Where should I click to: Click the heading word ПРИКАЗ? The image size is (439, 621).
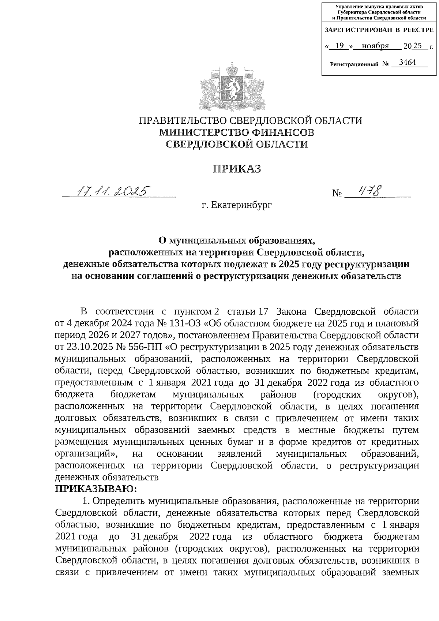click(x=237, y=169)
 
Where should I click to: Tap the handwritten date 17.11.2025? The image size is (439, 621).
click(x=113, y=191)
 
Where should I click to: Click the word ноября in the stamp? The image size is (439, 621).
click(x=375, y=46)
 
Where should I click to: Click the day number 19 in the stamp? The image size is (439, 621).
click(x=339, y=46)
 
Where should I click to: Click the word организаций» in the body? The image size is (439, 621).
click(x=86, y=454)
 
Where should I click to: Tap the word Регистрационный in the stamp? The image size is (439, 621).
click(x=353, y=64)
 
